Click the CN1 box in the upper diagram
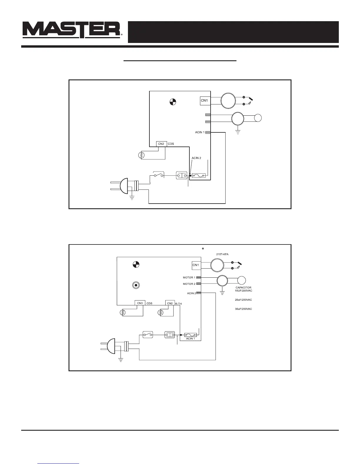click(204, 101)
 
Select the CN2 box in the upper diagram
click(161, 144)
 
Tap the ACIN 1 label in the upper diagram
click(200, 132)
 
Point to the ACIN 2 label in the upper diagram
click(196, 158)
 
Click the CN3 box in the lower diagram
click(140, 303)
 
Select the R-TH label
click(179, 304)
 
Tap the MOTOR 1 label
click(189, 277)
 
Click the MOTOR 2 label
click(189, 284)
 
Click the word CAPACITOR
click(244, 287)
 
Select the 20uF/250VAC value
click(244, 300)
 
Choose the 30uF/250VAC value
click(244, 309)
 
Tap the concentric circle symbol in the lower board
click(136, 285)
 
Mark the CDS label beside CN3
click(149, 303)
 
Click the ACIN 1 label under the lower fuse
click(190, 339)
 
